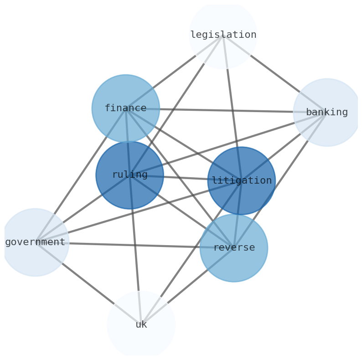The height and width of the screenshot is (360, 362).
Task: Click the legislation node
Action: pyautogui.click(x=223, y=35)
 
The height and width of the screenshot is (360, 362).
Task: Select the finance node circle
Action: pyautogui.click(x=125, y=108)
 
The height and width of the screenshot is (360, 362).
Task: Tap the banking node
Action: pyautogui.click(x=327, y=112)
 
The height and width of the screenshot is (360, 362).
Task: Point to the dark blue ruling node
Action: pyautogui.click(x=129, y=175)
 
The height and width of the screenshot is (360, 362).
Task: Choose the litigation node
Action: pyautogui.click(x=242, y=180)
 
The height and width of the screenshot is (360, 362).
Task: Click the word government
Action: pyautogui.click(x=35, y=242)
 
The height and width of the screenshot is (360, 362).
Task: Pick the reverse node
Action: pyautogui.click(x=234, y=248)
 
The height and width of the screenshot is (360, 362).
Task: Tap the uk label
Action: pyautogui.click(x=141, y=325)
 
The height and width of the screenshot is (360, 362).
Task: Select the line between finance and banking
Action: pyautogui.click(x=228, y=110)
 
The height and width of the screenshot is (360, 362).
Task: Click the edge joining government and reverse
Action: pyautogui.click(x=132, y=245)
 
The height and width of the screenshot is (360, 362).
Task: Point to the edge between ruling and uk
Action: pyautogui.click(x=135, y=246)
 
